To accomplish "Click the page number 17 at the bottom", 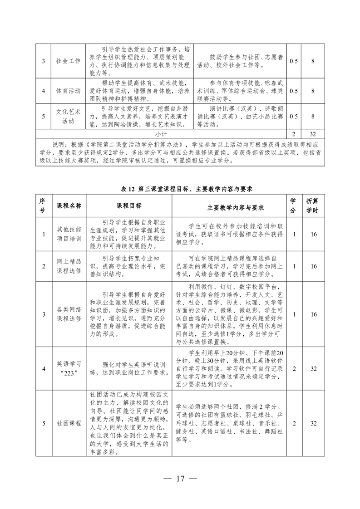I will point(180,479).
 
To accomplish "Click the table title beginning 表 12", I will point(180,188).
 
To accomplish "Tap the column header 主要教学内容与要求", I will point(229,206).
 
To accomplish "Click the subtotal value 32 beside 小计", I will point(313,134).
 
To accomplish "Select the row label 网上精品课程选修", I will point(68,266).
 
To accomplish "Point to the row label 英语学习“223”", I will point(68,368).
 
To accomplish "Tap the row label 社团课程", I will point(68,423).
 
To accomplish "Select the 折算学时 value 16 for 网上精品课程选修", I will point(313,266).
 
